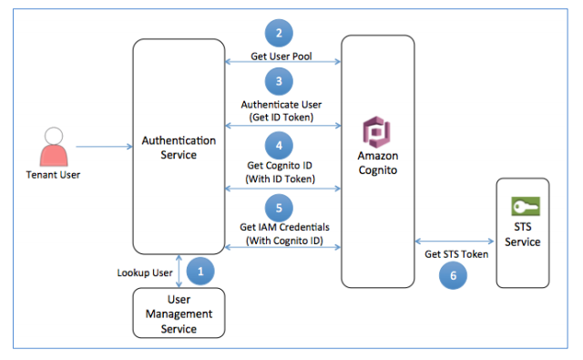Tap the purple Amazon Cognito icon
pos(376,132)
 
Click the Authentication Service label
pos(179,148)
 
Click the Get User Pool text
pos(282,56)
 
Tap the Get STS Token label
pos(456,254)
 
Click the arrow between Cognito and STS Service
pos(455,242)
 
